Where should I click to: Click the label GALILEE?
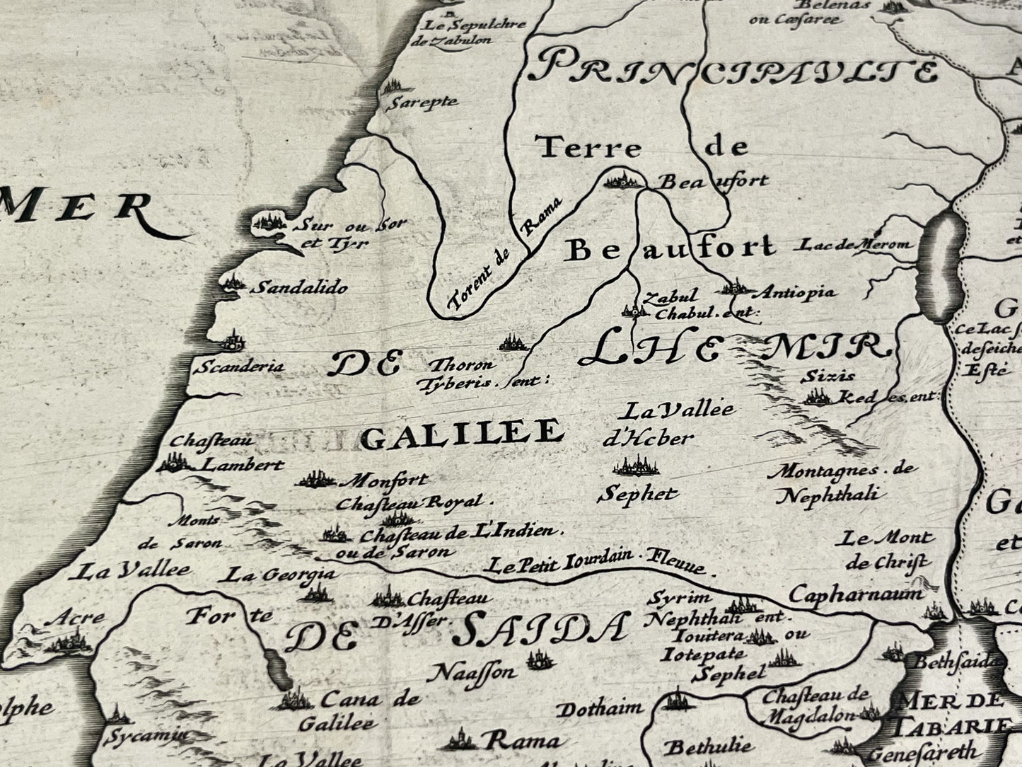pyautogui.click(x=461, y=432)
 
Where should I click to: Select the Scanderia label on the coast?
pyautogui.click(x=240, y=367)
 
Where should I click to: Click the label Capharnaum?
pyautogui.click(x=856, y=594)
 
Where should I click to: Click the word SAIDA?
pyautogui.click(x=540, y=629)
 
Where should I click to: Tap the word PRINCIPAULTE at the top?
pyautogui.click(x=736, y=68)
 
